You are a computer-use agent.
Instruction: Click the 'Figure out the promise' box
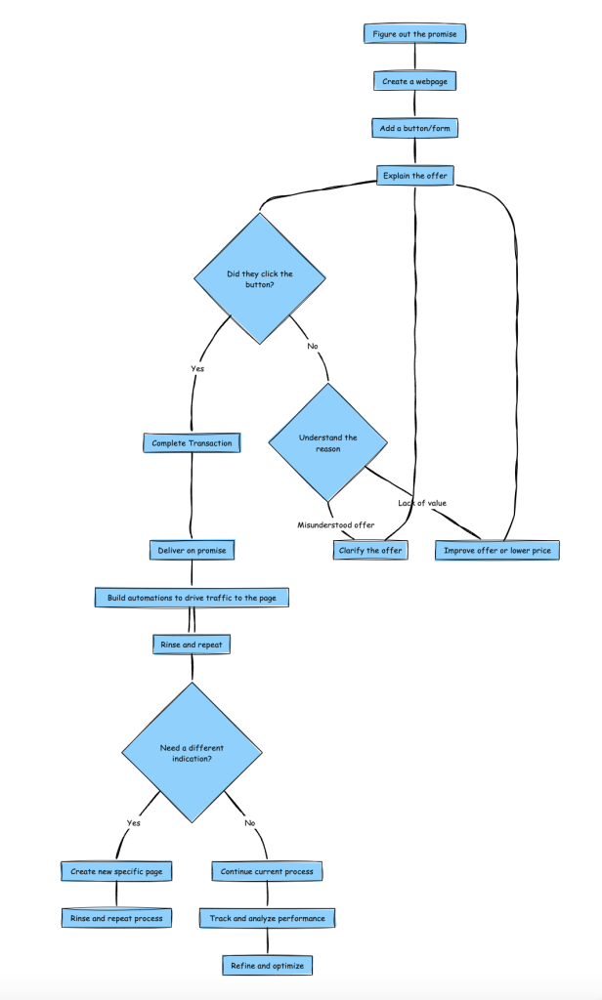click(x=415, y=34)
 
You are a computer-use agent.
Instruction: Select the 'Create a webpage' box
click(x=415, y=81)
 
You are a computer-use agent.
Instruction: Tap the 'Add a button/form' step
click(x=415, y=128)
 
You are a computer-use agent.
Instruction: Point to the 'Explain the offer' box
click(x=415, y=176)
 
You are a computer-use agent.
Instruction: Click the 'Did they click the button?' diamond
click(x=260, y=278)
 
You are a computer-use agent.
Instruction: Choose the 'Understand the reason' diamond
click(x=328, y=442)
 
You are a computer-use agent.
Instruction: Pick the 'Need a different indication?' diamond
click(x=192, y=753)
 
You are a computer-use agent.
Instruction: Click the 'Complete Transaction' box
click(x=192, y=443)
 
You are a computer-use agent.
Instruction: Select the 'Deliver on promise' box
click(x=192, y=551)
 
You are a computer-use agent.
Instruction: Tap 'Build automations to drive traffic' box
click(x=192, y=598)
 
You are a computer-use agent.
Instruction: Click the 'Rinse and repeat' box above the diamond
click(x=192, y=645)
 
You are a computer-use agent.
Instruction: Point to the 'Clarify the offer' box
click(x=370, y=551)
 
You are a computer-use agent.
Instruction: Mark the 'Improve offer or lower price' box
click(x=497, y=551)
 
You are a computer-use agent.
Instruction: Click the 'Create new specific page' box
click(x=116, y=871)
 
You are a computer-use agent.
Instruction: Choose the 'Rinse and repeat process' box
click(x=116, y=918)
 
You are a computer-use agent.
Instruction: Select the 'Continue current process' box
click(x=267, y=871)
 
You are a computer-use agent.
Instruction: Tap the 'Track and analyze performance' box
click(x=267, y=918)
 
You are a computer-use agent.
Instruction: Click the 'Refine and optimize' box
click(x=267, y=966)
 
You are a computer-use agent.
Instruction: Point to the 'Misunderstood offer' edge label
click(x=336, y=524)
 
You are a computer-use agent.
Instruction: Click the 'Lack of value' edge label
click(x=422, y=503)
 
